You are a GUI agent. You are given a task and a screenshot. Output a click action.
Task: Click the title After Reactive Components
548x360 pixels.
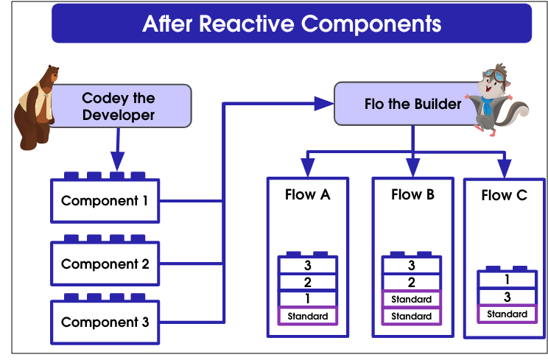(x=292, y=24)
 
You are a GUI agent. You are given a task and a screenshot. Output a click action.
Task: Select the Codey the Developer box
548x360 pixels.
(x=121, y=106)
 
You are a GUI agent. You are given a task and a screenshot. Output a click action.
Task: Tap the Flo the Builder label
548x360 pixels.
(x=412, y=104)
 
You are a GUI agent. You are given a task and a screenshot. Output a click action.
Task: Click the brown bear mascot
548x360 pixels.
(x=35, y=107)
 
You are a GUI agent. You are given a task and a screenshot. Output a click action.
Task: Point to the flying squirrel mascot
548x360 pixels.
(x=496, y=99)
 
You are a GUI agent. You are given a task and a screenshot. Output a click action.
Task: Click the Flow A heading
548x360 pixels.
(x=308, y=194)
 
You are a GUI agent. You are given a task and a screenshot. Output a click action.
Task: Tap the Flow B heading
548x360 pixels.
(x=412, y=194)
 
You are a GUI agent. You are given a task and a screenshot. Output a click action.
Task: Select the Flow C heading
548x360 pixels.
(x=505, y=195)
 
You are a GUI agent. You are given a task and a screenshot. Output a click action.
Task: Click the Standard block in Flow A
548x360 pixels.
(x=308, y=316)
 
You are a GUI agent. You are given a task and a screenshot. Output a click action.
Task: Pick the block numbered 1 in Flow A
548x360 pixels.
(x=308, y=299)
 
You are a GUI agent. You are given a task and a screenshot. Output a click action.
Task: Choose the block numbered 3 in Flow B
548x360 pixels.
(x=411, y=265)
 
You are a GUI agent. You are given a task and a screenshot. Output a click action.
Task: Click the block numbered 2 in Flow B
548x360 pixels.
(x=411, y=282)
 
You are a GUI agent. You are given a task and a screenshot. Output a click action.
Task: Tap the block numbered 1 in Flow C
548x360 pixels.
(x=507, y=279)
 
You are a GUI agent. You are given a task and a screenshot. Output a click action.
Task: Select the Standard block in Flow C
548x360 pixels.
(x=507, y=314)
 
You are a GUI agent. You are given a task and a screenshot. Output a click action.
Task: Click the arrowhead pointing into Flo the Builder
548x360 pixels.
(x=324, y=103)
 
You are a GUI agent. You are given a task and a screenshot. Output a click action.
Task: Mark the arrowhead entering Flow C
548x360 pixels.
(x=505, y=169)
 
